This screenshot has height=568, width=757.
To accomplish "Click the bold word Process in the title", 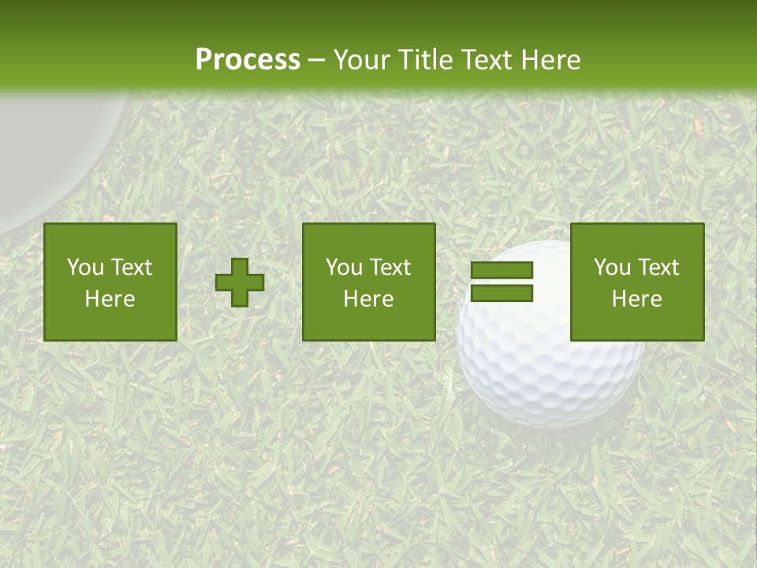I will (x=248, y=60).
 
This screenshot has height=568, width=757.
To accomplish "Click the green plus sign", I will (x=240, y=282).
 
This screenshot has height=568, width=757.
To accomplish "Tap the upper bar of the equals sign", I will (x=502, y=271).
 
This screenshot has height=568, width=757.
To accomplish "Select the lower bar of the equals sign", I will (x=502, y=293).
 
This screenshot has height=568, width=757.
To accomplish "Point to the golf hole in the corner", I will (x=47, y=150).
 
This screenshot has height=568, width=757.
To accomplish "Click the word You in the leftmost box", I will (x=85, y=267).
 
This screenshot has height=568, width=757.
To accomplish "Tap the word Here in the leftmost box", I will (x=110, y=299).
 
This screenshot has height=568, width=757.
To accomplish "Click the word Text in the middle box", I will (x=390, y=267).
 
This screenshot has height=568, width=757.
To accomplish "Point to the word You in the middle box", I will (x=344, y=267).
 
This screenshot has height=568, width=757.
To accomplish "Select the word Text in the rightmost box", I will (x=658, y=267).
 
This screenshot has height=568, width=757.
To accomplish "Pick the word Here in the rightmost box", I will (x=637, y=299).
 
